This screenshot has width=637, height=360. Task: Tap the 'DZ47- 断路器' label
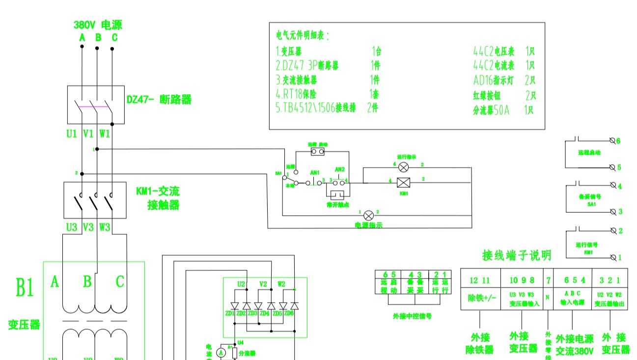tap(159, 100)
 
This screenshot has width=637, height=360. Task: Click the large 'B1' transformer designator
tap(25, 288)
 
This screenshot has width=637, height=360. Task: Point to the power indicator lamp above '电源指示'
tap(369, 215)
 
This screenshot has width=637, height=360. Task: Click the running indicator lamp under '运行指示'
tap(404, 167)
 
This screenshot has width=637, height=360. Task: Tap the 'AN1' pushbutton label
tap(315, 173)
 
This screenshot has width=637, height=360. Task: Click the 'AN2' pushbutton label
tap(340, 169)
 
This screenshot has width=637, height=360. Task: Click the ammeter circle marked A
tap(221, 352)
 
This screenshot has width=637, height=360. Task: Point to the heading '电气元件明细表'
tap(303, 36)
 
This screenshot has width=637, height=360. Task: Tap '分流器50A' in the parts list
tap(491, 110)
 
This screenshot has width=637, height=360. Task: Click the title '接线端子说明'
tap(517, 255)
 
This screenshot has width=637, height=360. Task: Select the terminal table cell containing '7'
tap(548, 280)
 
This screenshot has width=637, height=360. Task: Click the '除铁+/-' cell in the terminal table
tap(480, 298)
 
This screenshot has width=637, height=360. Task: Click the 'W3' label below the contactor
tap(105, 227)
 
